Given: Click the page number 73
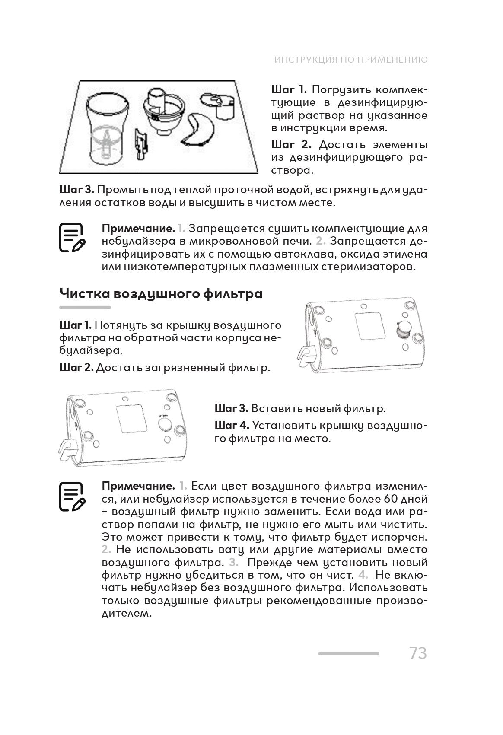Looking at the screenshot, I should (x=417, y=653).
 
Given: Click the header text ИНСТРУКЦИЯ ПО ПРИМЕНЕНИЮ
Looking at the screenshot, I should (x=351, y=60).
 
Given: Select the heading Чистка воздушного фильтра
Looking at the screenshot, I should (x=161, y=294).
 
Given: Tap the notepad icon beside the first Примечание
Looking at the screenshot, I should (x=72, y=238).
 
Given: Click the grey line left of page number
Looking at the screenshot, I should (x=348, y=654).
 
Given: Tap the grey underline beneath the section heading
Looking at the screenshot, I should (x=85, y=308).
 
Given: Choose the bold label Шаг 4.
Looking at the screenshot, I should (x=232, y=426).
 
